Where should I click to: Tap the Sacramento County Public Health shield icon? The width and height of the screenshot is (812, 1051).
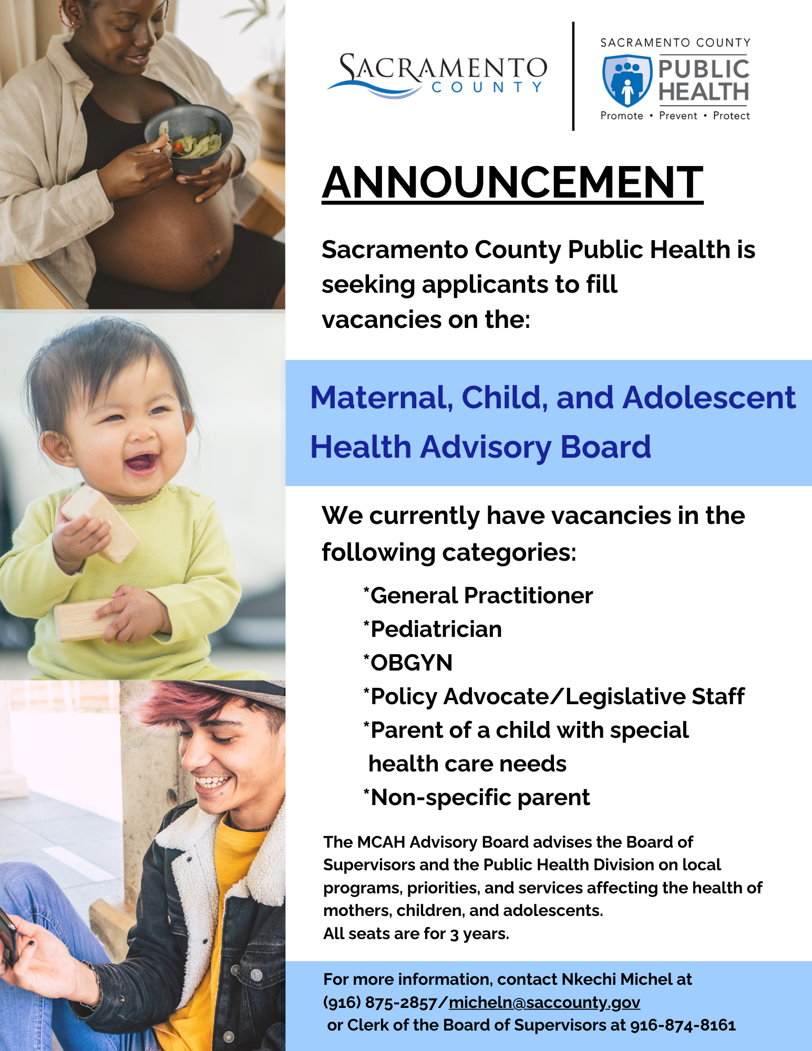(627, 80)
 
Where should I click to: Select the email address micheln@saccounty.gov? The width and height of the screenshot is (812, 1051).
(544, 1002)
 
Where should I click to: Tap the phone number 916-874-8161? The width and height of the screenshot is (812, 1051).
(683, 1025)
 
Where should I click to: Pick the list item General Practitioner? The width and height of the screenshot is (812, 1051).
(478, 595)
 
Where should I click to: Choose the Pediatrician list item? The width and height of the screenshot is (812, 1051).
(433, 629)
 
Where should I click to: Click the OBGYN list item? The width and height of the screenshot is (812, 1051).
(408, 663)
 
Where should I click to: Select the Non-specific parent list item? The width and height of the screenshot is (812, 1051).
(477, 797)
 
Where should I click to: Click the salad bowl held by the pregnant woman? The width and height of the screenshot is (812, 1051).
(189, 138)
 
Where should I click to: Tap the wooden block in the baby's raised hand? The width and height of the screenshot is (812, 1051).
(100, 523)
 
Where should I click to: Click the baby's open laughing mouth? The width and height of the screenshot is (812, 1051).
(141, 463)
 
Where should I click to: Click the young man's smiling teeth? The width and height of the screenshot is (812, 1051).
(213, 781)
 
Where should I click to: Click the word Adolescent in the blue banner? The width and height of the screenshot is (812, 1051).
(709, 397)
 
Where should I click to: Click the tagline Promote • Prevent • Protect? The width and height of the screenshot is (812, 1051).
(675, 116)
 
